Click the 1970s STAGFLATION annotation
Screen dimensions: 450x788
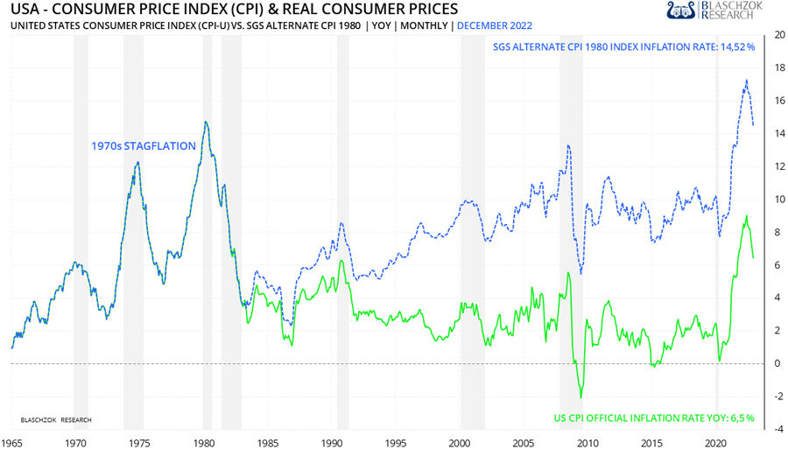pos(144,146)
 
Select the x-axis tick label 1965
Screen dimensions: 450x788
pos(12,443)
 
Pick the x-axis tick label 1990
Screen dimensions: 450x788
pos(333,443)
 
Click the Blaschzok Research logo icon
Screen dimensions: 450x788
pos(679,11)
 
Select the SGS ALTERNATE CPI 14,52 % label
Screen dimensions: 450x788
pos(623,46)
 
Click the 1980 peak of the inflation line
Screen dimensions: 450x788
pos(205,122)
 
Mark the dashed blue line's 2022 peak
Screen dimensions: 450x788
pos(746,81)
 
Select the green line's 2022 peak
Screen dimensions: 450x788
pos(746,215)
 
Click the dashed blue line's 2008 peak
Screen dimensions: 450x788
pos(568,145)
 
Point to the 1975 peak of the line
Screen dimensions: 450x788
pos(137,163)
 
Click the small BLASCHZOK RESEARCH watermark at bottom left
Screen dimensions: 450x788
pos(56,420)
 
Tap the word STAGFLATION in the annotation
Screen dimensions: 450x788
pos(161,146)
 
